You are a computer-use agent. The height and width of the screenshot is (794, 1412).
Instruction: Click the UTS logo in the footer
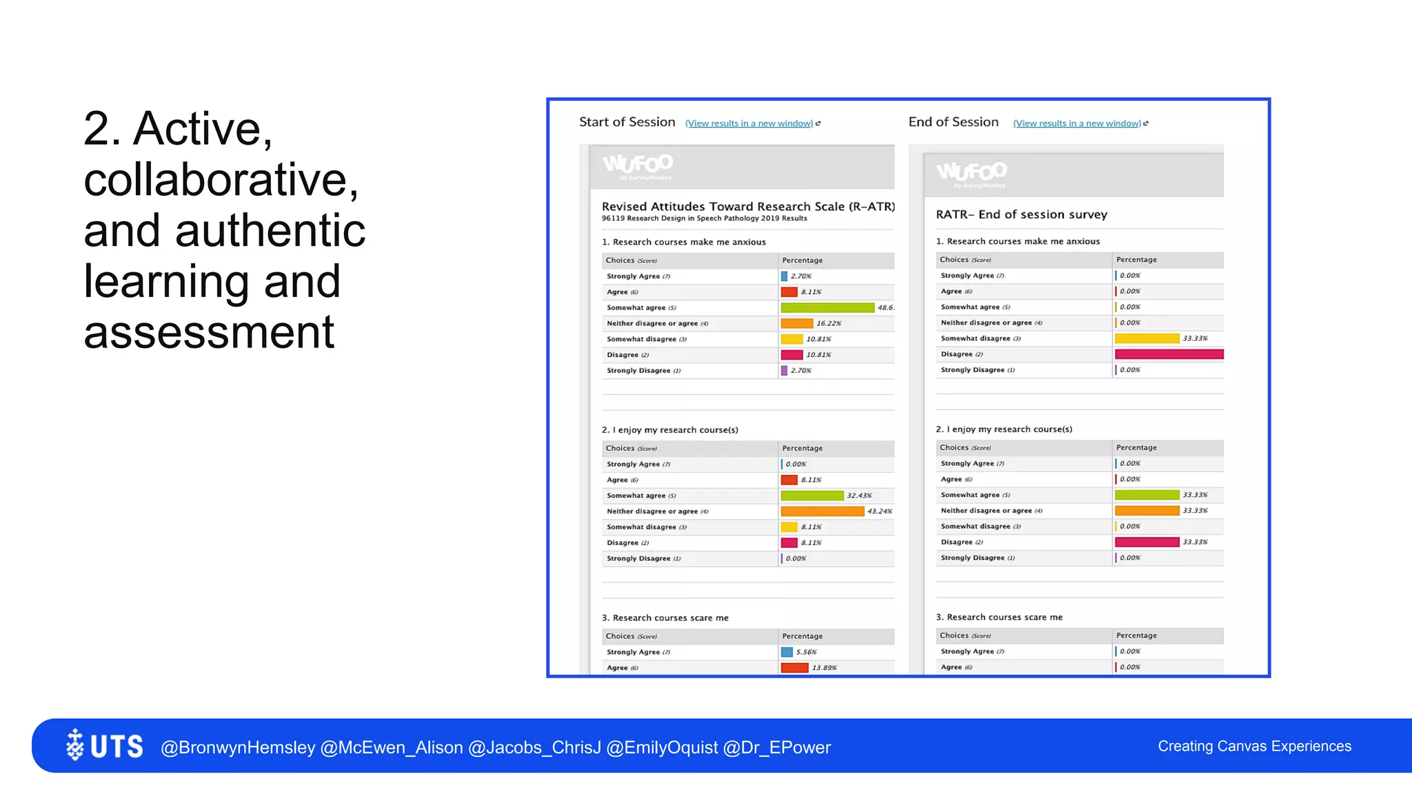click(x=105, y=746)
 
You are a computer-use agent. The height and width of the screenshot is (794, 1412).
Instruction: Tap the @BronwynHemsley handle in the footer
click(x=238, y=747)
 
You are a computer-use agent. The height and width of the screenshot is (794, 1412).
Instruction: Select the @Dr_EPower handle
click(x=777, y=747)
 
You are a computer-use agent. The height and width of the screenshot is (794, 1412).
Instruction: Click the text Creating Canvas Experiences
click(x=1254, y=746)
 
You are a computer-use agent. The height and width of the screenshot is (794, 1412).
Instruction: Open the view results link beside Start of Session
click(x=749, y=123)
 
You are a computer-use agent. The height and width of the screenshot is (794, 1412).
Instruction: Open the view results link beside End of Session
click(x=1077, y=123)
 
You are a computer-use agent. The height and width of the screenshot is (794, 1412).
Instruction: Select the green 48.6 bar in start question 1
click(x=827, y=307)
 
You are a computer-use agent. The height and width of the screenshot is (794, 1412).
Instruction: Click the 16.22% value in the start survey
click(x=829, y=323)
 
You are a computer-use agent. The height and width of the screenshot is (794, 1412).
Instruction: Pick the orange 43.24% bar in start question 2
click(x=822, y=511)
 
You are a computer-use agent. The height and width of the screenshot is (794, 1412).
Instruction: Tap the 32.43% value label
click(x=859, y=496)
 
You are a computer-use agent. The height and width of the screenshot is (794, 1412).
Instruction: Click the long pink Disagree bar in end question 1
click(x=1169, y=354)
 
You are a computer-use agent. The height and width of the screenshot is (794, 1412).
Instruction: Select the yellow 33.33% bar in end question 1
click(x=1147, y=338)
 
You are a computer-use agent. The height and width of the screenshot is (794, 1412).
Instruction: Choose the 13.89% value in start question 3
click(x=824, y=668)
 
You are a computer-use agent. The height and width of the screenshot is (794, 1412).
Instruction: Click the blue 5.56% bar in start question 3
click(x=787, y=652)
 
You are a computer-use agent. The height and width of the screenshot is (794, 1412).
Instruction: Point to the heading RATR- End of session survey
click(x=1021, y=214)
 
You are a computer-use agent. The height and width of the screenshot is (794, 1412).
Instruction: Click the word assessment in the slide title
click(x=209, y=332)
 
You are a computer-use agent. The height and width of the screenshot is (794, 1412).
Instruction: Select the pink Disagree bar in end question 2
click(x=1147, y=542)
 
